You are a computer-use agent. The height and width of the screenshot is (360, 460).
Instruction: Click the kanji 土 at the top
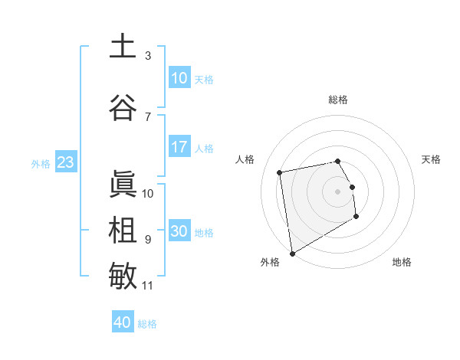tap(123, 47)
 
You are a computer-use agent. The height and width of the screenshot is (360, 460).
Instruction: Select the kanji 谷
tap(123, 108)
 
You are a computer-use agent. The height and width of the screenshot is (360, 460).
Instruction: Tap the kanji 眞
tap(123, 185)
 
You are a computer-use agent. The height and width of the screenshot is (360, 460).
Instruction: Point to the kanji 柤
tap(123, 231)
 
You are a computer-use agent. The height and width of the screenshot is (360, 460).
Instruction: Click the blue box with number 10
tap(179, 78)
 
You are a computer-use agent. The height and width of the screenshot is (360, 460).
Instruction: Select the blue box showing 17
tap(179, 147)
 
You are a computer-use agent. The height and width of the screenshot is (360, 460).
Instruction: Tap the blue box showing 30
tap(179, 231)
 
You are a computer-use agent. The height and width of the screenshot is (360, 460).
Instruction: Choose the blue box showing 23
tap(65, 162)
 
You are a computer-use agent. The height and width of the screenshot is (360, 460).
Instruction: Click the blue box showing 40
tap(123, 322)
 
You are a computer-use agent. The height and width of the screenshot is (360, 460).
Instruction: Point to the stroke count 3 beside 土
tap(148, 56)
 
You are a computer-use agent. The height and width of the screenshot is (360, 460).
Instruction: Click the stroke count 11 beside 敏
tap(148, 286)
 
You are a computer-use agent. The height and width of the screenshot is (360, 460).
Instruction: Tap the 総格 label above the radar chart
tap(338, 100)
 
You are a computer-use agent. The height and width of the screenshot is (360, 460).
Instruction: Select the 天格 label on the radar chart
tap(431, 159)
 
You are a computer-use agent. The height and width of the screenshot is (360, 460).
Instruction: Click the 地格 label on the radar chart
tap(402, 262)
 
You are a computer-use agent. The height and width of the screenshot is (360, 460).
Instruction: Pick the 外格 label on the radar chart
tap(270, 262)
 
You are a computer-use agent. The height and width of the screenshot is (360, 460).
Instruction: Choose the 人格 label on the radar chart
tap(245, 159)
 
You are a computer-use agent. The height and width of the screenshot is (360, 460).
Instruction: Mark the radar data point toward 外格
tap(291, 253)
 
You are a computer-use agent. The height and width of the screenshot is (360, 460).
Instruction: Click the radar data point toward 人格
tap(280, 172)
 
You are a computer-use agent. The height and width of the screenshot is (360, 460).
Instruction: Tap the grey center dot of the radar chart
tap(338, 191)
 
